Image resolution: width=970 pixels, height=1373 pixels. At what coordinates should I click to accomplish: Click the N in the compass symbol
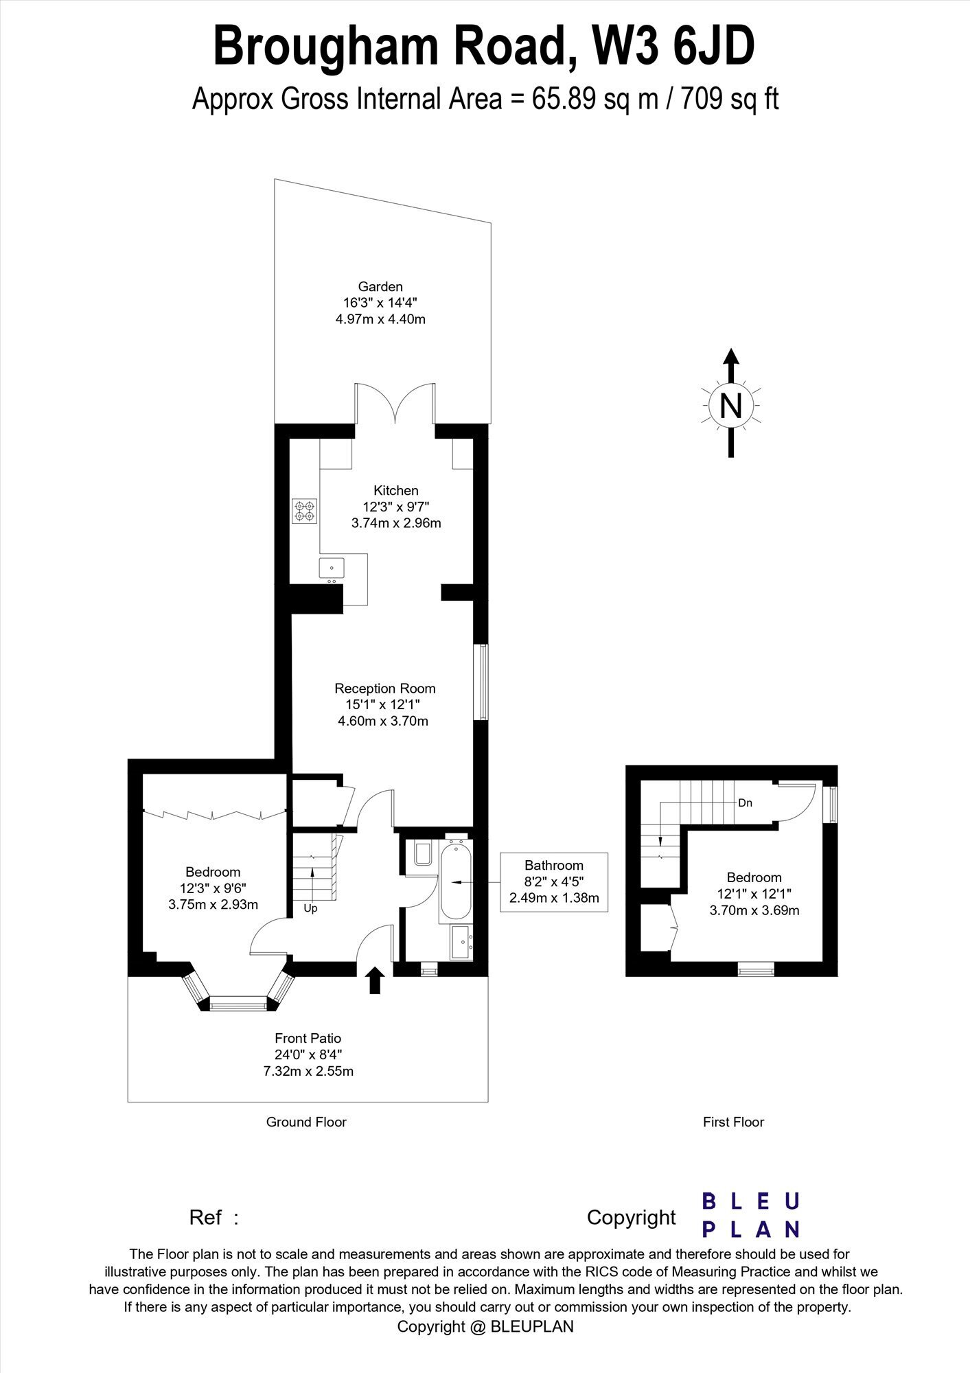click(x=731, y=406)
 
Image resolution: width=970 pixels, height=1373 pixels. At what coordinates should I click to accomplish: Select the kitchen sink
click(x=332, y=568)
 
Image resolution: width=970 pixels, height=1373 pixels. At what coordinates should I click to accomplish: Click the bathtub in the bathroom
click(x=454, y=880)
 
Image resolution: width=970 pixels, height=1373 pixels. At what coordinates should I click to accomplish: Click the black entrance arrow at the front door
click(x=375, y=980)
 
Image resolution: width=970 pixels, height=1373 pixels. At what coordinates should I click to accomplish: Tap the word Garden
click(x=380, y=286)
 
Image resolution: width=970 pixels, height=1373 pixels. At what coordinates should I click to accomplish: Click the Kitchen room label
click(x=396, y=490)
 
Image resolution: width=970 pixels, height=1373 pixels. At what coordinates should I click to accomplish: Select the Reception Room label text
click(x=385, y=688)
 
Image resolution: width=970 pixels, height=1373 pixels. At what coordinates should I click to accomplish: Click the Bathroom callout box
click(x=554, y=882)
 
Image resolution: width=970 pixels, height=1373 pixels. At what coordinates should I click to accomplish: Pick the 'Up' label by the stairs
click(x=310, y=908)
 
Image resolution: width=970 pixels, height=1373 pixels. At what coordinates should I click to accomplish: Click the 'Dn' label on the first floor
click(x=746, y=803)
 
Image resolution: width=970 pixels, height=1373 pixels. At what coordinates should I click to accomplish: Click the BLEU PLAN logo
click(x=751, y=1215)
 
